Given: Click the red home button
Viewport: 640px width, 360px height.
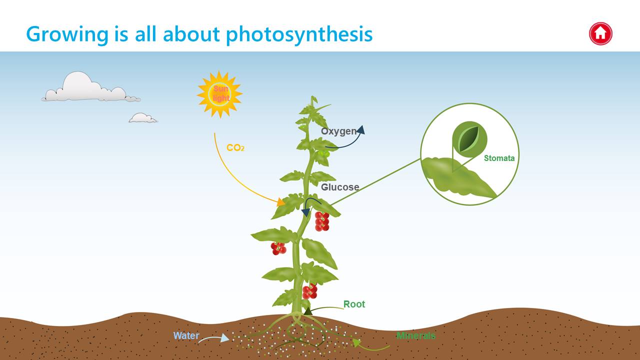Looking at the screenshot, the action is [600, 33].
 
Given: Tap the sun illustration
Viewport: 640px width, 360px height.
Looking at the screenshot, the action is [219, 94].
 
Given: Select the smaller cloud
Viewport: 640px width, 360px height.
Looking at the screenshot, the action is [142, 117].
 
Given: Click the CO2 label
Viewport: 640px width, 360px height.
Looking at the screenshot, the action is [235, 147].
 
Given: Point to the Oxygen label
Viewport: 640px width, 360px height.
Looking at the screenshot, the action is [339, 131].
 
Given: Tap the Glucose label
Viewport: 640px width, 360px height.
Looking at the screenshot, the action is [340, 187].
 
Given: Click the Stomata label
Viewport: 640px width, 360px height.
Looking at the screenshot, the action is [499, 158].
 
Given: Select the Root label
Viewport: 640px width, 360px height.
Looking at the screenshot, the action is [354, 304].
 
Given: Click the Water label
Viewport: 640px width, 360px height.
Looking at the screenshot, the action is [186, 335].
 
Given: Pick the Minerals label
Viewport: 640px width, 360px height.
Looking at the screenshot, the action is [416, 335].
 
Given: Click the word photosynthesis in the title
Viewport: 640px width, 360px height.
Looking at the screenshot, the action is [299, 34].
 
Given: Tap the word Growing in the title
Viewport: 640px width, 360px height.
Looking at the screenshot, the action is [67, 34].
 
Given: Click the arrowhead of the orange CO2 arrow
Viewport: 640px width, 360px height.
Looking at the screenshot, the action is [281, 202].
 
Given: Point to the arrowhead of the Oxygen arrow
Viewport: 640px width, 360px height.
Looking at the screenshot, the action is [361, 129].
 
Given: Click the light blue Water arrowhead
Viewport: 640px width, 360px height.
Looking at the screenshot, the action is [225, 338].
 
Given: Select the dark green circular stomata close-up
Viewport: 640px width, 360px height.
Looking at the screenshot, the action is [469, 139].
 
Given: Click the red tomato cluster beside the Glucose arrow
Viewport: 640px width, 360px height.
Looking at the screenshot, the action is [322, 221].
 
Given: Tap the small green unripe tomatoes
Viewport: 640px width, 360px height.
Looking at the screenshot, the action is [324, 153].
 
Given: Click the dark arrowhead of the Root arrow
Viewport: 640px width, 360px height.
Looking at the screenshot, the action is [307, 311].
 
